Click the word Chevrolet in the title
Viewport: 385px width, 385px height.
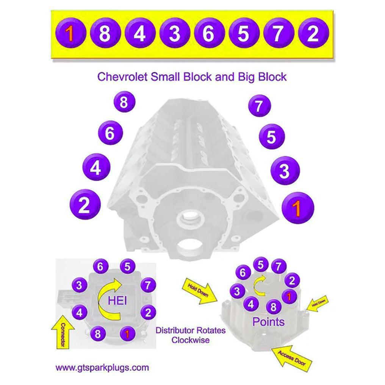(122, 77)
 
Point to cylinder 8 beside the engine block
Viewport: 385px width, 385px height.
(123, 102)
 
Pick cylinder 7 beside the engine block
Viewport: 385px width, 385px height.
(259, 106)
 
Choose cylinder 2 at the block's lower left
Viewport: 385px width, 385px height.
(85, 205)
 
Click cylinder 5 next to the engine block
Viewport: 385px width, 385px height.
(271, 137)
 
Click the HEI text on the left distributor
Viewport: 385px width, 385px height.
(117, 301)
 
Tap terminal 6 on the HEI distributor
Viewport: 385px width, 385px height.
(100, 267)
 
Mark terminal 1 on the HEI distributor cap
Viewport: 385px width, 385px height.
(127, 333)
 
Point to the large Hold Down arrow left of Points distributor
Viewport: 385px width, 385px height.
(200, 292)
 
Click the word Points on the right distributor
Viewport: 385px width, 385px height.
(268, 322)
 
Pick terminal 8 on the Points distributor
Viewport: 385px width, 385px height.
(273, 306)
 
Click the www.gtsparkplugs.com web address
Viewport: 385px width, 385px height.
(102, 367)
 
